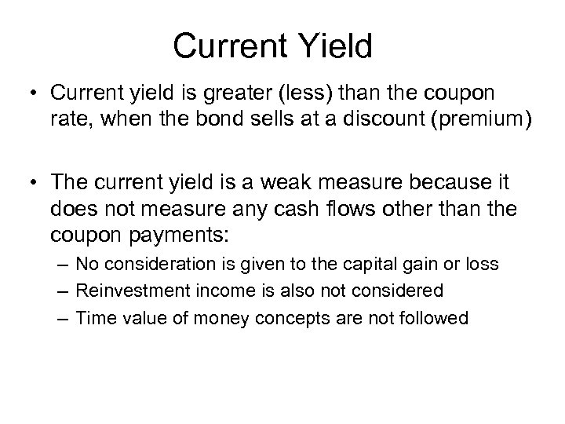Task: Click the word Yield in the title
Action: (x=336, y=46)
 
